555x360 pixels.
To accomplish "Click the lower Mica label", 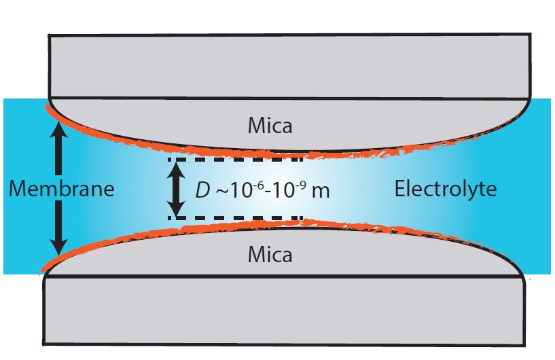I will pos(270,255).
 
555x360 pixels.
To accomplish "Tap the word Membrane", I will pos(62,190).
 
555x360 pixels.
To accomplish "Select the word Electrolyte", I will pos(445,189).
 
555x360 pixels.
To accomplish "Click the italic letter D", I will pos(202,190).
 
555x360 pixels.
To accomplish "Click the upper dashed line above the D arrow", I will pos(235,159).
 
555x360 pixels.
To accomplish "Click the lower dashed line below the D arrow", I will pos(235,218).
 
